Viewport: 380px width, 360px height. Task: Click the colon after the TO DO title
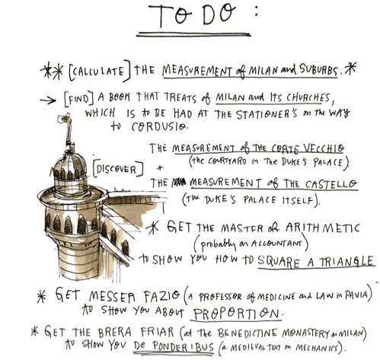click(257, 11)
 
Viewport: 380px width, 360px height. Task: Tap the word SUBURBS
click(319, 69)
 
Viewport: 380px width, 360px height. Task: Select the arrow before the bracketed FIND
click(48, 100)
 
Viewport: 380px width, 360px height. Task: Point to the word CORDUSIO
click(160, 126)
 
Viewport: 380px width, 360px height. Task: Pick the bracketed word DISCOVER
click(117, 168)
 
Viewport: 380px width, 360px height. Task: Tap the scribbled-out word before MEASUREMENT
click(179, 182)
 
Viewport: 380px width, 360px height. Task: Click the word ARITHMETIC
click(322, 228)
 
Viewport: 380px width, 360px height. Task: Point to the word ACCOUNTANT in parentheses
click(277, 244)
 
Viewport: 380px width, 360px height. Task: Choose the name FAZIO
click(161, 296)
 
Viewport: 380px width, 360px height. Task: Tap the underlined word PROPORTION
click(236, 314)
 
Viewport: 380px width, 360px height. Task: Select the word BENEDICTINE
click(247, 333)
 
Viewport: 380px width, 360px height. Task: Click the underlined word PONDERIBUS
click(174, 346)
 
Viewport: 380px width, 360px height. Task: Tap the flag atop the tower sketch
click(63, 118)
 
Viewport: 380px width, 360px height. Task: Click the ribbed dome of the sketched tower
click(69, 165)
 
